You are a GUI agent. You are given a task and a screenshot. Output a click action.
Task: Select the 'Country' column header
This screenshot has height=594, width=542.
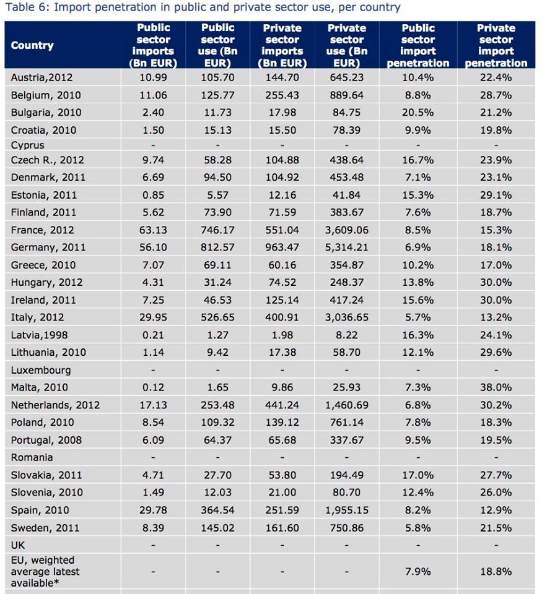coord(32,45)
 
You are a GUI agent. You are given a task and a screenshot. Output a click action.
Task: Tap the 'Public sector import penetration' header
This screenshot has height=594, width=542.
coord(418,45)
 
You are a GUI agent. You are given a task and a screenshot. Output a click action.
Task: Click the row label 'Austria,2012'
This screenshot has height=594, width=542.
coord(41,77)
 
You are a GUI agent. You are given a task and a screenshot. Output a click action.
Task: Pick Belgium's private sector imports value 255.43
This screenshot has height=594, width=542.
coord(282,95)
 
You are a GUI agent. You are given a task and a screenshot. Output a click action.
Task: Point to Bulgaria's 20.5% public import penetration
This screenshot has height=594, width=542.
coord(418,113)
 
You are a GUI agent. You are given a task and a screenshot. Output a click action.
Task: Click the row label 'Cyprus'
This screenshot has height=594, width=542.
coord(28,145)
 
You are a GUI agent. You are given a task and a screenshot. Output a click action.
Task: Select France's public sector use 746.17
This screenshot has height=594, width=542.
coord(217,230)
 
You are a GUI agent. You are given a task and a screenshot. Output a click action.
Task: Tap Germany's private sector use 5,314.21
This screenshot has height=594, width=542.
coord(347,247)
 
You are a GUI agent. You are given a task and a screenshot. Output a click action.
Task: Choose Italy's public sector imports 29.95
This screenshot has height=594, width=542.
coord(154,317)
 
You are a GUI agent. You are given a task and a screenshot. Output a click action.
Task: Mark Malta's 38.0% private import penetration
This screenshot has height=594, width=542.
coord(496,387)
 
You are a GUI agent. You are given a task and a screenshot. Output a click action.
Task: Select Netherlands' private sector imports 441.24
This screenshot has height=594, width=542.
coord(282,405)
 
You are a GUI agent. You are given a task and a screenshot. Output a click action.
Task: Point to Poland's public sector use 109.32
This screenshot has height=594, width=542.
coord(217,423)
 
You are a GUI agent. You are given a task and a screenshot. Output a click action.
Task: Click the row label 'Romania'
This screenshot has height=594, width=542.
coord(32,457)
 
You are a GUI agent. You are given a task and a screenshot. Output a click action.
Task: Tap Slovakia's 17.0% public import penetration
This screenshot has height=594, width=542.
coord(418,475)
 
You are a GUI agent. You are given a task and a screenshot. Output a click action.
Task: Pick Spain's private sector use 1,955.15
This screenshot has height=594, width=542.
coord(347,510)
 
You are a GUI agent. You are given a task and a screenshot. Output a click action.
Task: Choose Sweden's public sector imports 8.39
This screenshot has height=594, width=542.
coord(154,528)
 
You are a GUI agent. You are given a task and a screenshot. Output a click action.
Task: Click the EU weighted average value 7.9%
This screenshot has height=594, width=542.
coord(418,571)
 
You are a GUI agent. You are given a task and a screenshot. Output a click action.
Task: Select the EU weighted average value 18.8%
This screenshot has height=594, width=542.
coord(496,571)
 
